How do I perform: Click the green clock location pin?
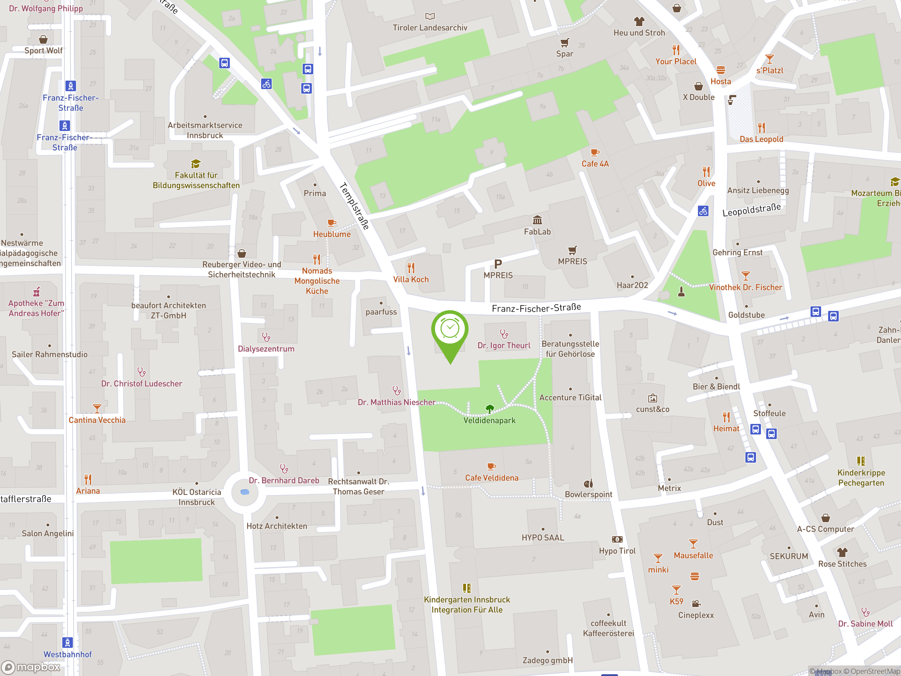450,330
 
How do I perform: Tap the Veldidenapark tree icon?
490,408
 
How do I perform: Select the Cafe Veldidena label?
492,477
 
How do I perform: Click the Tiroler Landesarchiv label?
430,28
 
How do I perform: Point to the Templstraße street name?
354,206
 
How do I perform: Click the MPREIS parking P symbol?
498,264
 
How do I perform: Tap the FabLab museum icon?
537,220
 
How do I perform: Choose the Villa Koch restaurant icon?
411,268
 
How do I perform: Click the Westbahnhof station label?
68,654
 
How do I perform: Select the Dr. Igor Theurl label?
504,345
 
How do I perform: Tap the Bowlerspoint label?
588,494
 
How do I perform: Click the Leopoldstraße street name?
751,210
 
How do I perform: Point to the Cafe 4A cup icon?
595,152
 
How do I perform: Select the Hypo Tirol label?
617,551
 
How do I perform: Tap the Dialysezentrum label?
266,349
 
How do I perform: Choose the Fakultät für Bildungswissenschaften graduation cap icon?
196,164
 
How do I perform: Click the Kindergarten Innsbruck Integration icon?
467,588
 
